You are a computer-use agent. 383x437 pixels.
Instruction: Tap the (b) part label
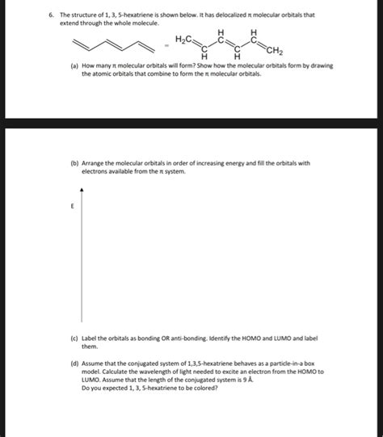click(74, 162)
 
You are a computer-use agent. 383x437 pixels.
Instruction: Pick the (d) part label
click(74, 364)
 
